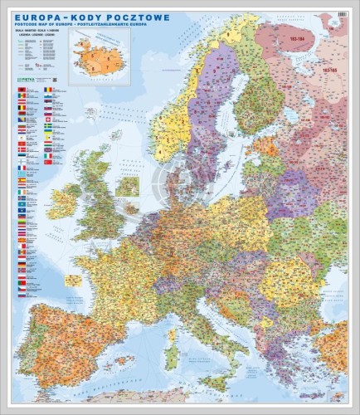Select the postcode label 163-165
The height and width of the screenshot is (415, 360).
pos(328,71)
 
